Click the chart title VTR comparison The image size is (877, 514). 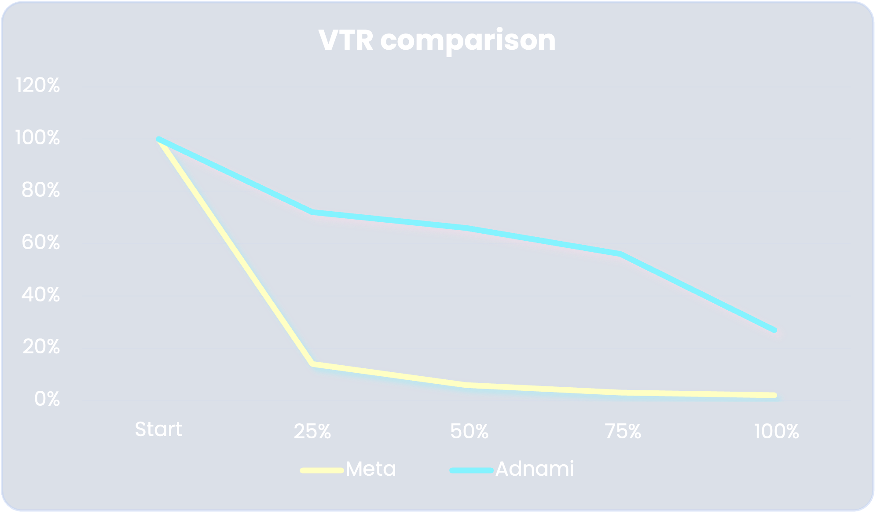437,40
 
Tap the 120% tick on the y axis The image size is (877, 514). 38,85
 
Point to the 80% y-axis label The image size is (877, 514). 40,191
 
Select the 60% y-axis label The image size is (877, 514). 40,242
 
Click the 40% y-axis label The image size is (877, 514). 40,295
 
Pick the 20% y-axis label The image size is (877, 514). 41,347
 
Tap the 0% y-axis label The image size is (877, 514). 47,399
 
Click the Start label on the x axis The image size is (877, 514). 158,430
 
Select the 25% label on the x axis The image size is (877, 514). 312,432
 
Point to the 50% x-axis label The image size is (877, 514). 469,432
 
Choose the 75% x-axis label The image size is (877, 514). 623,432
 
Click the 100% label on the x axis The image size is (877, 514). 776,432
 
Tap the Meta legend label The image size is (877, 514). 371,469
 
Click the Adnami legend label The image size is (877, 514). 534,469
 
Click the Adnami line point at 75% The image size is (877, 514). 621,254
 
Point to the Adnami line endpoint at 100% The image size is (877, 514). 774,330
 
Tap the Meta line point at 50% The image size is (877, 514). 467,385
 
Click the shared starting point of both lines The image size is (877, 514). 158,140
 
